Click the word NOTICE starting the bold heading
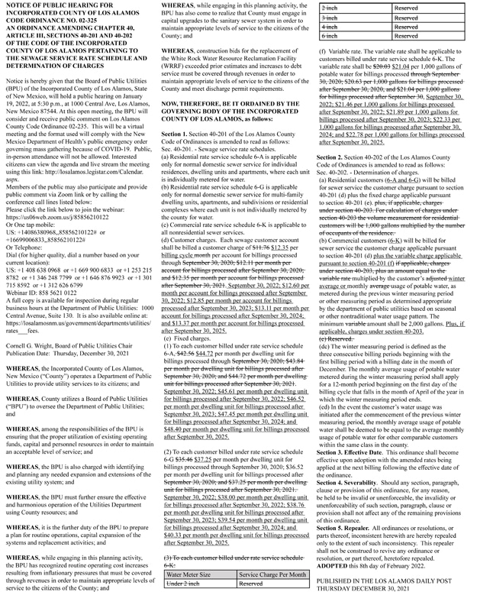coord(18,6)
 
